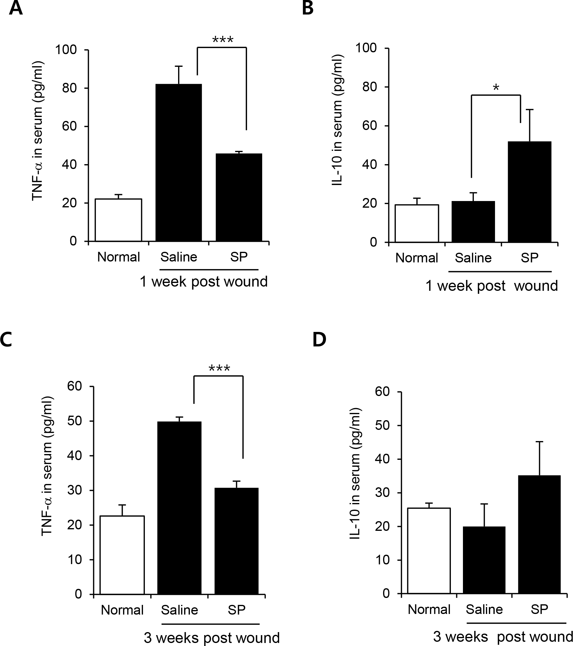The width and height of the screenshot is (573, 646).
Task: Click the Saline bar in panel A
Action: [x=179, y=162]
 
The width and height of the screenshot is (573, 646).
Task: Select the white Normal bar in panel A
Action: [x=118, y=220]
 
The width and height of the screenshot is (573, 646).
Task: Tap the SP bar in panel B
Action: [x=529, y=192]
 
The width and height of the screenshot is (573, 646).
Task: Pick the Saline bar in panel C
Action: [x=179, y=508]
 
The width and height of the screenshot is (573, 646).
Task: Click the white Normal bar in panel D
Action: [x=429, y=550]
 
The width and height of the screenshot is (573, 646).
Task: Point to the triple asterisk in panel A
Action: [x=223, y=40]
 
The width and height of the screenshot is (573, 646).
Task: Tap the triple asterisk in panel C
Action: [x=219, y=368]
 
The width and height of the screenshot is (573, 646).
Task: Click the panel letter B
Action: [x=308, y=8]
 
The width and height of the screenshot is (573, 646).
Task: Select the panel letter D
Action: [x=319, y=339]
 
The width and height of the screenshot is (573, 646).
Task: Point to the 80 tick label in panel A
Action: [x=70, y=88]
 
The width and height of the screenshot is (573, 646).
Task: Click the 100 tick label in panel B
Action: [x=366, y=48]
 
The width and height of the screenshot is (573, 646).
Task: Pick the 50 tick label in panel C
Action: [x=75, y=421]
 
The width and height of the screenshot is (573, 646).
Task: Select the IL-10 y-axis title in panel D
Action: [x=355, y=473]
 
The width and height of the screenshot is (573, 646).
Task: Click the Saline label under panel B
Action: [x=473, y=258]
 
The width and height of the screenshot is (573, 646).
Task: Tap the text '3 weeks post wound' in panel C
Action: [x=211, y=638]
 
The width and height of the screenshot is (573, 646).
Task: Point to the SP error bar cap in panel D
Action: [x=539, y=442]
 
